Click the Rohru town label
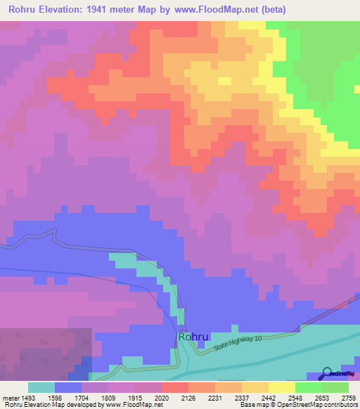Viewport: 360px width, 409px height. tap(193, 337)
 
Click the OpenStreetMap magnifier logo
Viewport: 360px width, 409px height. tap(326, 373)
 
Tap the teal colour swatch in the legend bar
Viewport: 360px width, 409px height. tap(41, 387)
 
